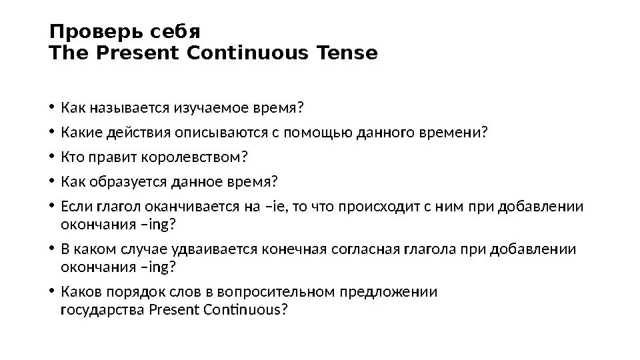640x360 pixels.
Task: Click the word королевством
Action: point(199,157)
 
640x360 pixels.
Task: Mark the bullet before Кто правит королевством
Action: point(52,157)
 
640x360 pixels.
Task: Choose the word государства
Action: point(103,310)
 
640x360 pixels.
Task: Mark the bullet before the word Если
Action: point(52,207)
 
